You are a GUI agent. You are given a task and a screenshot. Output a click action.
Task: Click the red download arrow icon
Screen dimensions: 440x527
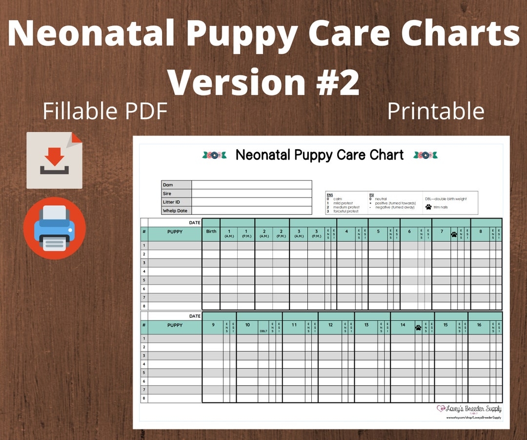[x=54, y=160]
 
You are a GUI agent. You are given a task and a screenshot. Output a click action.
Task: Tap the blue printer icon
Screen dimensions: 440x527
[x=54, y=228]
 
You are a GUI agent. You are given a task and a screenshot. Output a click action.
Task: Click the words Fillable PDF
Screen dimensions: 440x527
[x=105, y=111]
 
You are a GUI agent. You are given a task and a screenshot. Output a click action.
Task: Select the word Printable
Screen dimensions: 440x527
[x=435, y=111]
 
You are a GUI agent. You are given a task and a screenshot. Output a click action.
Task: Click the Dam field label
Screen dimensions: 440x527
[x=167, y=185]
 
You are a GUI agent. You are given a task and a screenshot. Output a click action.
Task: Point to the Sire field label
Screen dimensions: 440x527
[x=167, y=194]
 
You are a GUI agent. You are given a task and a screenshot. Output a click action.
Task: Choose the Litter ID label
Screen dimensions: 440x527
[x=171, y=202]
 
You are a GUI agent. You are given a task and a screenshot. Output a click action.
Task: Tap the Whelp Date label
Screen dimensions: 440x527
[x=175, y=211]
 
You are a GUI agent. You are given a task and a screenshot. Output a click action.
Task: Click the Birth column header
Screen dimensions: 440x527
[x=211, y=231]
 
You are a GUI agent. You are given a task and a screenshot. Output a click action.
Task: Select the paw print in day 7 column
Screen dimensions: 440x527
[x=454, y=234]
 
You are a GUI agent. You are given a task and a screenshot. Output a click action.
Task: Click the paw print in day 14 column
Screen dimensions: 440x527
[x=418, y=328]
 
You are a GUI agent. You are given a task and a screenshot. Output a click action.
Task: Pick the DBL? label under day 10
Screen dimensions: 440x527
[x=263, y=330]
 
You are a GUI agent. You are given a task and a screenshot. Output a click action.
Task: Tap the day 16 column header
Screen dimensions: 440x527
[x=479, y=325]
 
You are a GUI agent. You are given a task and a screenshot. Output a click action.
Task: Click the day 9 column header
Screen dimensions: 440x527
[x=213, y=325]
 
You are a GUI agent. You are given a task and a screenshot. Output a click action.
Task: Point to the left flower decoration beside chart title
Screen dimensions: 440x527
[x=214, y=155]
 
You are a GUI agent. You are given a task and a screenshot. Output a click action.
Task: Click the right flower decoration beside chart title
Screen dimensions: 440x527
[x=425, y=155]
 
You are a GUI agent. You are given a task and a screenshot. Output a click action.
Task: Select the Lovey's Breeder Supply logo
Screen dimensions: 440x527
[x=469, y=409]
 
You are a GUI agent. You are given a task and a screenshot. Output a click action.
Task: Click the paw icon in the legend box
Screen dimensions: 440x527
[x=428, y=207]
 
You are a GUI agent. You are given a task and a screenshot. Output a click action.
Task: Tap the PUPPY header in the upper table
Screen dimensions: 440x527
[x=175, y=232]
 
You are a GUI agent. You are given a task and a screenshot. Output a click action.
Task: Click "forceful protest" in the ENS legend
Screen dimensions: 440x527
[x=345, y=211]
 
